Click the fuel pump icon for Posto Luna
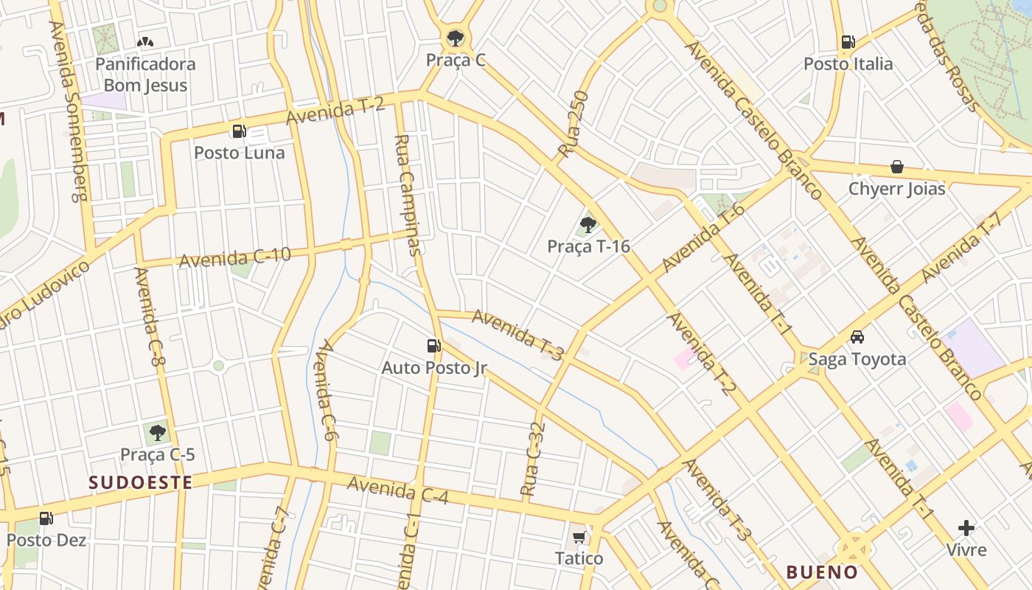coord(239,131)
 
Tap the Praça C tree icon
coord(456,38)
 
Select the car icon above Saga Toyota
coord(857,337)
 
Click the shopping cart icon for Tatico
coord(579,537)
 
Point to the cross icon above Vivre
coord(966,528)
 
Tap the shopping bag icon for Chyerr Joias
coord(897,167)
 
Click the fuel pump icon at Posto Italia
coord(848,43)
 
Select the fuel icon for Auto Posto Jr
coord(433,345)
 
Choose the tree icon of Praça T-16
coord(588,224)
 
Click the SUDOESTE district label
coord(141,483)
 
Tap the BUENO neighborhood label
coord(822,572)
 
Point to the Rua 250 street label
coord(573,124)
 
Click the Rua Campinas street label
coord(408,195)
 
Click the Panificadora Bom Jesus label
coord(145,74)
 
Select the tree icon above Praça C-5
coord(157,432)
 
